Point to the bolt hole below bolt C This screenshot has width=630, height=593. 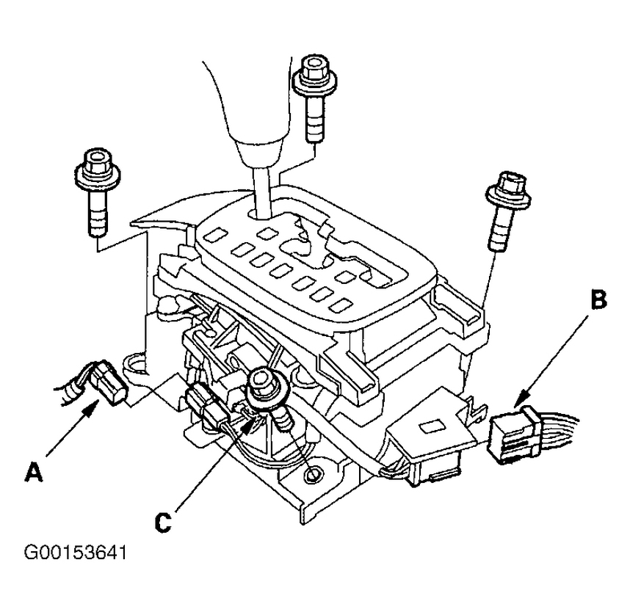(314, 476)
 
